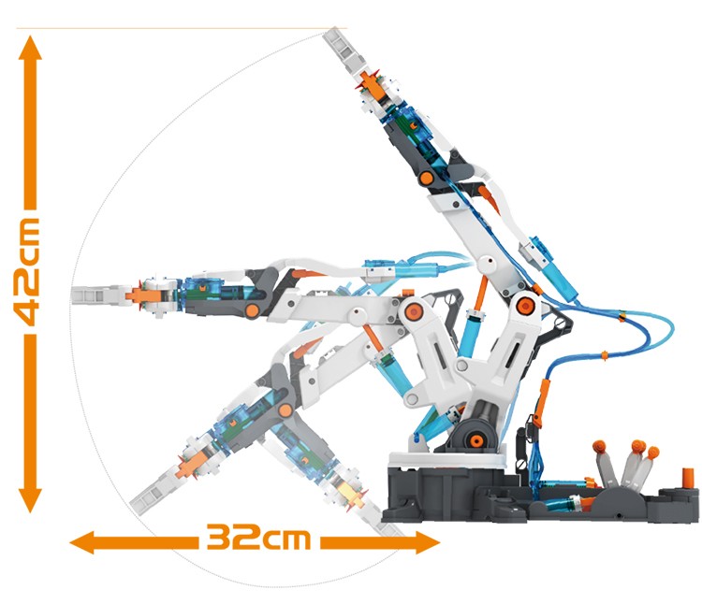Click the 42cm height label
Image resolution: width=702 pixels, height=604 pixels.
point(26,272)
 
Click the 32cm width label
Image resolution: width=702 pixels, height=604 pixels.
point(258,537)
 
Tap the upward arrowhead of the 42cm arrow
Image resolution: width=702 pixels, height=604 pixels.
point(30,48)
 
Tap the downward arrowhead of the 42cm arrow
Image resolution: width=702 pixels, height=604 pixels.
point(30,501)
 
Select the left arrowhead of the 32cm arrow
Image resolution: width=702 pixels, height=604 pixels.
point(82,542)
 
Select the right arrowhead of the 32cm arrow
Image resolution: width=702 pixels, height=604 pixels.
point(428,542)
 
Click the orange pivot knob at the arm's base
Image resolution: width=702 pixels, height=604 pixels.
point(475,440)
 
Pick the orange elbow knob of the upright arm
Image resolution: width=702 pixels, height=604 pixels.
point(523,307)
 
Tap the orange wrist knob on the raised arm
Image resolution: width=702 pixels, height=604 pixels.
point(427,179)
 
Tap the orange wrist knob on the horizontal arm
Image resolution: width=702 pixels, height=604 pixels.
point(252,310)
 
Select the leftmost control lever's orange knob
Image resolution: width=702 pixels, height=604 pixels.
point(599,446)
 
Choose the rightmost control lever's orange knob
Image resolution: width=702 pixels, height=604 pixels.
point(652,453)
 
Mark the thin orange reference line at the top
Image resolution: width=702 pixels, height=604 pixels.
point(182,29)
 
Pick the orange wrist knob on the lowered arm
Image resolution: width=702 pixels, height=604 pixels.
point(285,410)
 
